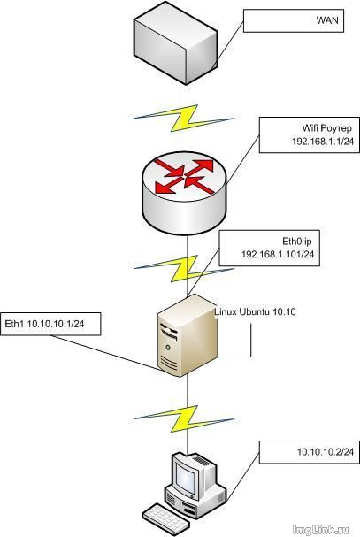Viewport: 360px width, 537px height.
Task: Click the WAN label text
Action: (x=327, y=20)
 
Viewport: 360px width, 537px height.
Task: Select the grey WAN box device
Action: (x=175, y=42)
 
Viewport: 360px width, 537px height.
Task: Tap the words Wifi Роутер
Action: (x=326, y=128)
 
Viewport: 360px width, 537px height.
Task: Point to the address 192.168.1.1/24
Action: (x=323, y=142)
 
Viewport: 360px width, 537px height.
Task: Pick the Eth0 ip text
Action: (x=297, y=242)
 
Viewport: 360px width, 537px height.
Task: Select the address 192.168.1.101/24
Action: (x=278, y=254)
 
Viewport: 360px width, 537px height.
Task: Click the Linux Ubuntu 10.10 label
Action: (x=256, y=311)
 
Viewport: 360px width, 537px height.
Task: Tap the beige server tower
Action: (x=187, y=335)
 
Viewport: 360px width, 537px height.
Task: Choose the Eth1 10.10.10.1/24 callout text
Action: (x=44, y=324)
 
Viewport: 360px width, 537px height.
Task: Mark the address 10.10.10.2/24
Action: (x=326, y=452)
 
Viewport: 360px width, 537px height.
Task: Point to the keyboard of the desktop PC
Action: (x=165, y=518)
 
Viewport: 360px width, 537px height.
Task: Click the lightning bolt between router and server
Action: (x=184, y=269)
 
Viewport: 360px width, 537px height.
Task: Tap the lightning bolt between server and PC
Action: (x=184, y=418)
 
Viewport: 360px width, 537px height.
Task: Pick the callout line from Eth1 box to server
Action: (x=107, y=353)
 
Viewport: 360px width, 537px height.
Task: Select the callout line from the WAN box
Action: (x=227, y=44)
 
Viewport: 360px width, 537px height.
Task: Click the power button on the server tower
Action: (x=168, y=348)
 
